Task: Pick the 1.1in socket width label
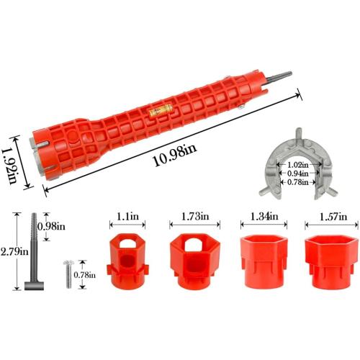click(x=125, y=216)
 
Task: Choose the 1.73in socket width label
click(x=191, y=216)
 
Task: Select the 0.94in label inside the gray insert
click(x=294, y=173)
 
